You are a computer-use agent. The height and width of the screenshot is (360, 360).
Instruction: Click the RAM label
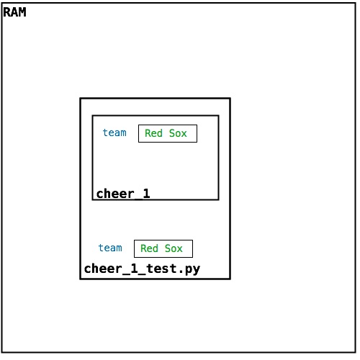(14, 12)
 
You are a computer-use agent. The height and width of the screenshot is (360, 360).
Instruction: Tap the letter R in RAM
(6, 12)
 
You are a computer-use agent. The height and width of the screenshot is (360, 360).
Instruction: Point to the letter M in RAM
(22, 12)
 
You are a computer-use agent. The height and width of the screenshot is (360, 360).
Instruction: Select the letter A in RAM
(14, 12)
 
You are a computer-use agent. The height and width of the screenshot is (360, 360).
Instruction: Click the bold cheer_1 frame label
(123, 194)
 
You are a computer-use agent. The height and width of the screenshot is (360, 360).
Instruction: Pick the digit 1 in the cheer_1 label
(146, 194)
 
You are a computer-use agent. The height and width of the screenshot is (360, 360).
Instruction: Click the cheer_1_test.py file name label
(142, 269)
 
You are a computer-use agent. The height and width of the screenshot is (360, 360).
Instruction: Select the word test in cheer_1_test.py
(161, 269)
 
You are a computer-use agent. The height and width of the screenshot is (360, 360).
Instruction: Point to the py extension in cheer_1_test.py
(192, 270)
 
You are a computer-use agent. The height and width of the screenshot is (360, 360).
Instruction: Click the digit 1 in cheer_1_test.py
(135, 269)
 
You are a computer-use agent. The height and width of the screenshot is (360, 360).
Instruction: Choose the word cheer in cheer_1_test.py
(104, 269)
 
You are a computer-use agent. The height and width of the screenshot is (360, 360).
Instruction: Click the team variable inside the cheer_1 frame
(114, 132)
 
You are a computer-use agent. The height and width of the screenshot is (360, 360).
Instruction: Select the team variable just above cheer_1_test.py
(110, 248)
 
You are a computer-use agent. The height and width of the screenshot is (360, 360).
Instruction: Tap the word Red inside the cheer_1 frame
(153, 133)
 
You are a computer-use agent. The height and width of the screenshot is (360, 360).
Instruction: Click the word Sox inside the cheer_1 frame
(178, 133)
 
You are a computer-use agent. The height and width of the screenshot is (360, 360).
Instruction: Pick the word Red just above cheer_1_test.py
(149, 248)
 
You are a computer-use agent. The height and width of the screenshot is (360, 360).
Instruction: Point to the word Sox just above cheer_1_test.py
(174, 248)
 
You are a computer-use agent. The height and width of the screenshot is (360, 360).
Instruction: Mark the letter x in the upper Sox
(184, 135)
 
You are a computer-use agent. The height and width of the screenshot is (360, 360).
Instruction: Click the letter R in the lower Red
(143, 248)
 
